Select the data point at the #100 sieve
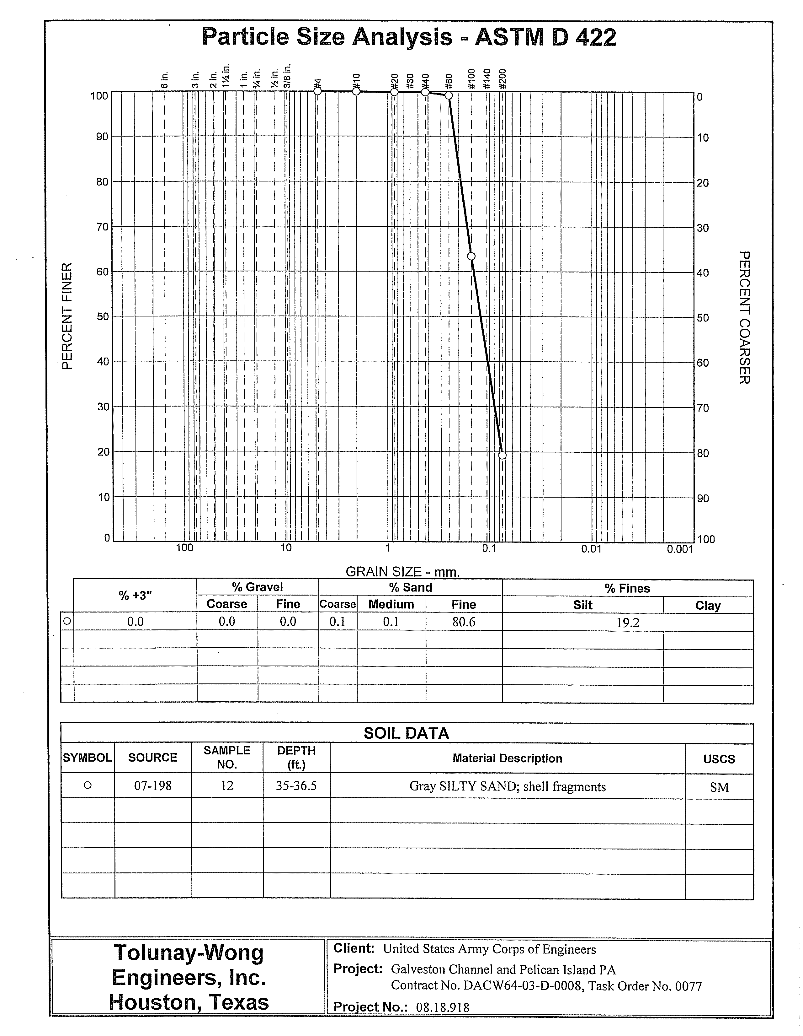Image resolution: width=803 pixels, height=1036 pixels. (471, 256)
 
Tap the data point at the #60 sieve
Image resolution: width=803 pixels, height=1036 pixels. (449, 95)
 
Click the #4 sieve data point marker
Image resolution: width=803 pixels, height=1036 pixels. (318, 91)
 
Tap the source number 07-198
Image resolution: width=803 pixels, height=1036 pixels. (153, 786)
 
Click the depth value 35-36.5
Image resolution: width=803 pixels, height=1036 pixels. (296, 786)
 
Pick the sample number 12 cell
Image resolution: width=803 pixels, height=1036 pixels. (227, 786)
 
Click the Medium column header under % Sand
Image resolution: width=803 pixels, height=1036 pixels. (391, 604)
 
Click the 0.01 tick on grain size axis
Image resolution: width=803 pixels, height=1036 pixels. (591, 549)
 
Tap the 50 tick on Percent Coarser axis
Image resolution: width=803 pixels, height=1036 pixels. (703, 317)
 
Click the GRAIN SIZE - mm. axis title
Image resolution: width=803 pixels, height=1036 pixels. (403, 572)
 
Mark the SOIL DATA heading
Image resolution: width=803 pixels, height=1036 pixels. (406, 733)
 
